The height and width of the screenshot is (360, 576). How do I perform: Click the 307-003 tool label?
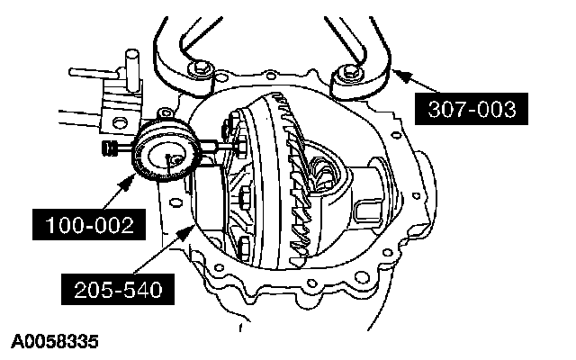tap(472, 109)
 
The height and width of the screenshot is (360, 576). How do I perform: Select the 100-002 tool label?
tap(89, 224)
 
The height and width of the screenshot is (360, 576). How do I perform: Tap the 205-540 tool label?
tap(118, 290)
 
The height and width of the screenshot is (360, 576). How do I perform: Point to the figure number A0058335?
tap(55, 342)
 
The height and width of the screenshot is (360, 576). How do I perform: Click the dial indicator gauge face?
tap(167, 154)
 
